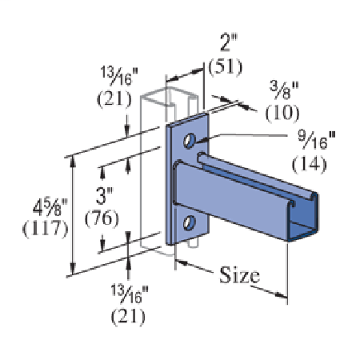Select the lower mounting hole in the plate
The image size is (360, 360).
[189, 222]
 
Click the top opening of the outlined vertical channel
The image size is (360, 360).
[164, 94]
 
